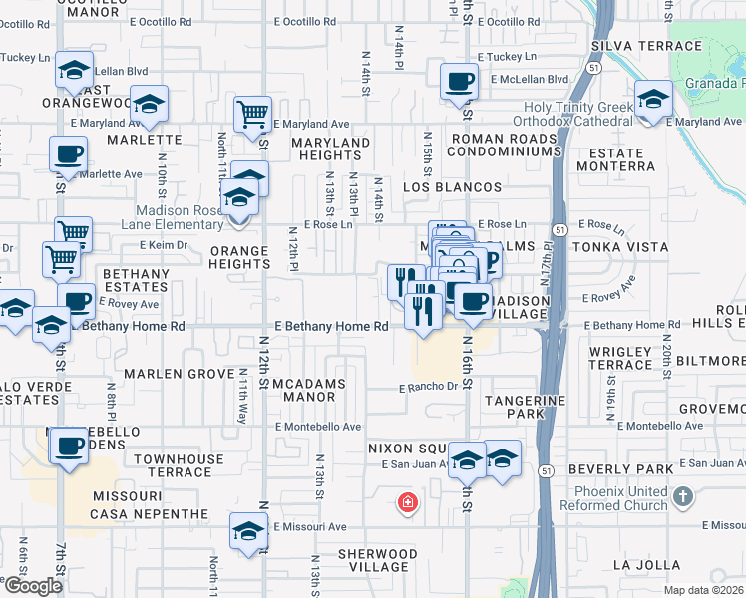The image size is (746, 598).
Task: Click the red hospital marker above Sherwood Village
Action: click(407, 503)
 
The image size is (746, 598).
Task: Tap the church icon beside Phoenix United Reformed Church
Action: click(682, 496)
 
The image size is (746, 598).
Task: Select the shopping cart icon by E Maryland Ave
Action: click(252, 114)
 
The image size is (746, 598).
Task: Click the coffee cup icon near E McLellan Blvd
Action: click(459, 80)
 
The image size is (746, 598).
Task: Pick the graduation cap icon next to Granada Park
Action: click(653, 100)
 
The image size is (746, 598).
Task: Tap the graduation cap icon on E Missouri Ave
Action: click(248, 532)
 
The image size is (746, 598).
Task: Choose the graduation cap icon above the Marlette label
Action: click(149, 105)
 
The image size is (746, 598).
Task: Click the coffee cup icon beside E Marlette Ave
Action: click(68, 154)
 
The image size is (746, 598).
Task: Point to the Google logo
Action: click(32, 586)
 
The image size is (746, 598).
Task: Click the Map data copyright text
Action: click(703, 590)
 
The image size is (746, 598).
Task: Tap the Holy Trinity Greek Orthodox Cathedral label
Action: click(565, 115)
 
